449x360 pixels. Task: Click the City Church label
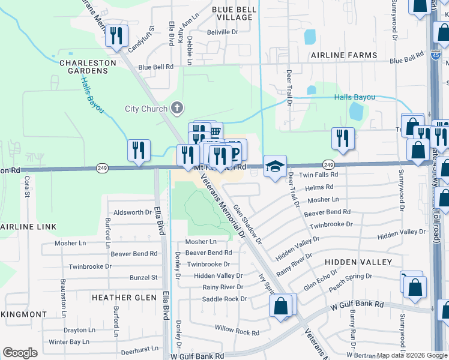point(146,109)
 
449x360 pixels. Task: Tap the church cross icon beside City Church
point(176,108)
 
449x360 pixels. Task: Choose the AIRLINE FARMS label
point(343,55)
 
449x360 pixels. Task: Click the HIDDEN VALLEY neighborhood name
point(358,262)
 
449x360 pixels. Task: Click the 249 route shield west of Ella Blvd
point(101,170)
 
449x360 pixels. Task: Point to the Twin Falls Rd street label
point(319,175)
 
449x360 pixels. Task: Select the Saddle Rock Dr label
point(224,299)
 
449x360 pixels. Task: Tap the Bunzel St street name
point(143,278)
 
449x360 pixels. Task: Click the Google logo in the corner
point(20,353)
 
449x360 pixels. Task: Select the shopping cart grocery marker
point(214,131)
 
